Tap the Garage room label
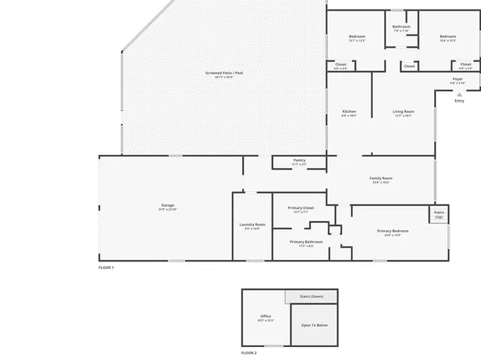point(167,206)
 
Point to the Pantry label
point(299,161)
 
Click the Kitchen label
point(349,111)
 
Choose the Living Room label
point(404,111)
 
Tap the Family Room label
point(381,178)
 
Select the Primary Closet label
point(300,208)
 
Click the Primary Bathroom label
point(306,242)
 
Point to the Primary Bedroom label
point(393,232)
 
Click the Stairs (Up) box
point(438,215)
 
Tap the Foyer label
point(456,79)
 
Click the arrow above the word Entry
point(459,94)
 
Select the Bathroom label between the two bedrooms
point(401,27)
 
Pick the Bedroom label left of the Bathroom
point(357,36)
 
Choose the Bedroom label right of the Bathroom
point(448,36)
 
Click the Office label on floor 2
point(266,316)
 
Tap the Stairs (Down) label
point(312,296)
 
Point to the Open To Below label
point(314,325)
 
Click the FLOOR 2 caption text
point(250,354)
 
